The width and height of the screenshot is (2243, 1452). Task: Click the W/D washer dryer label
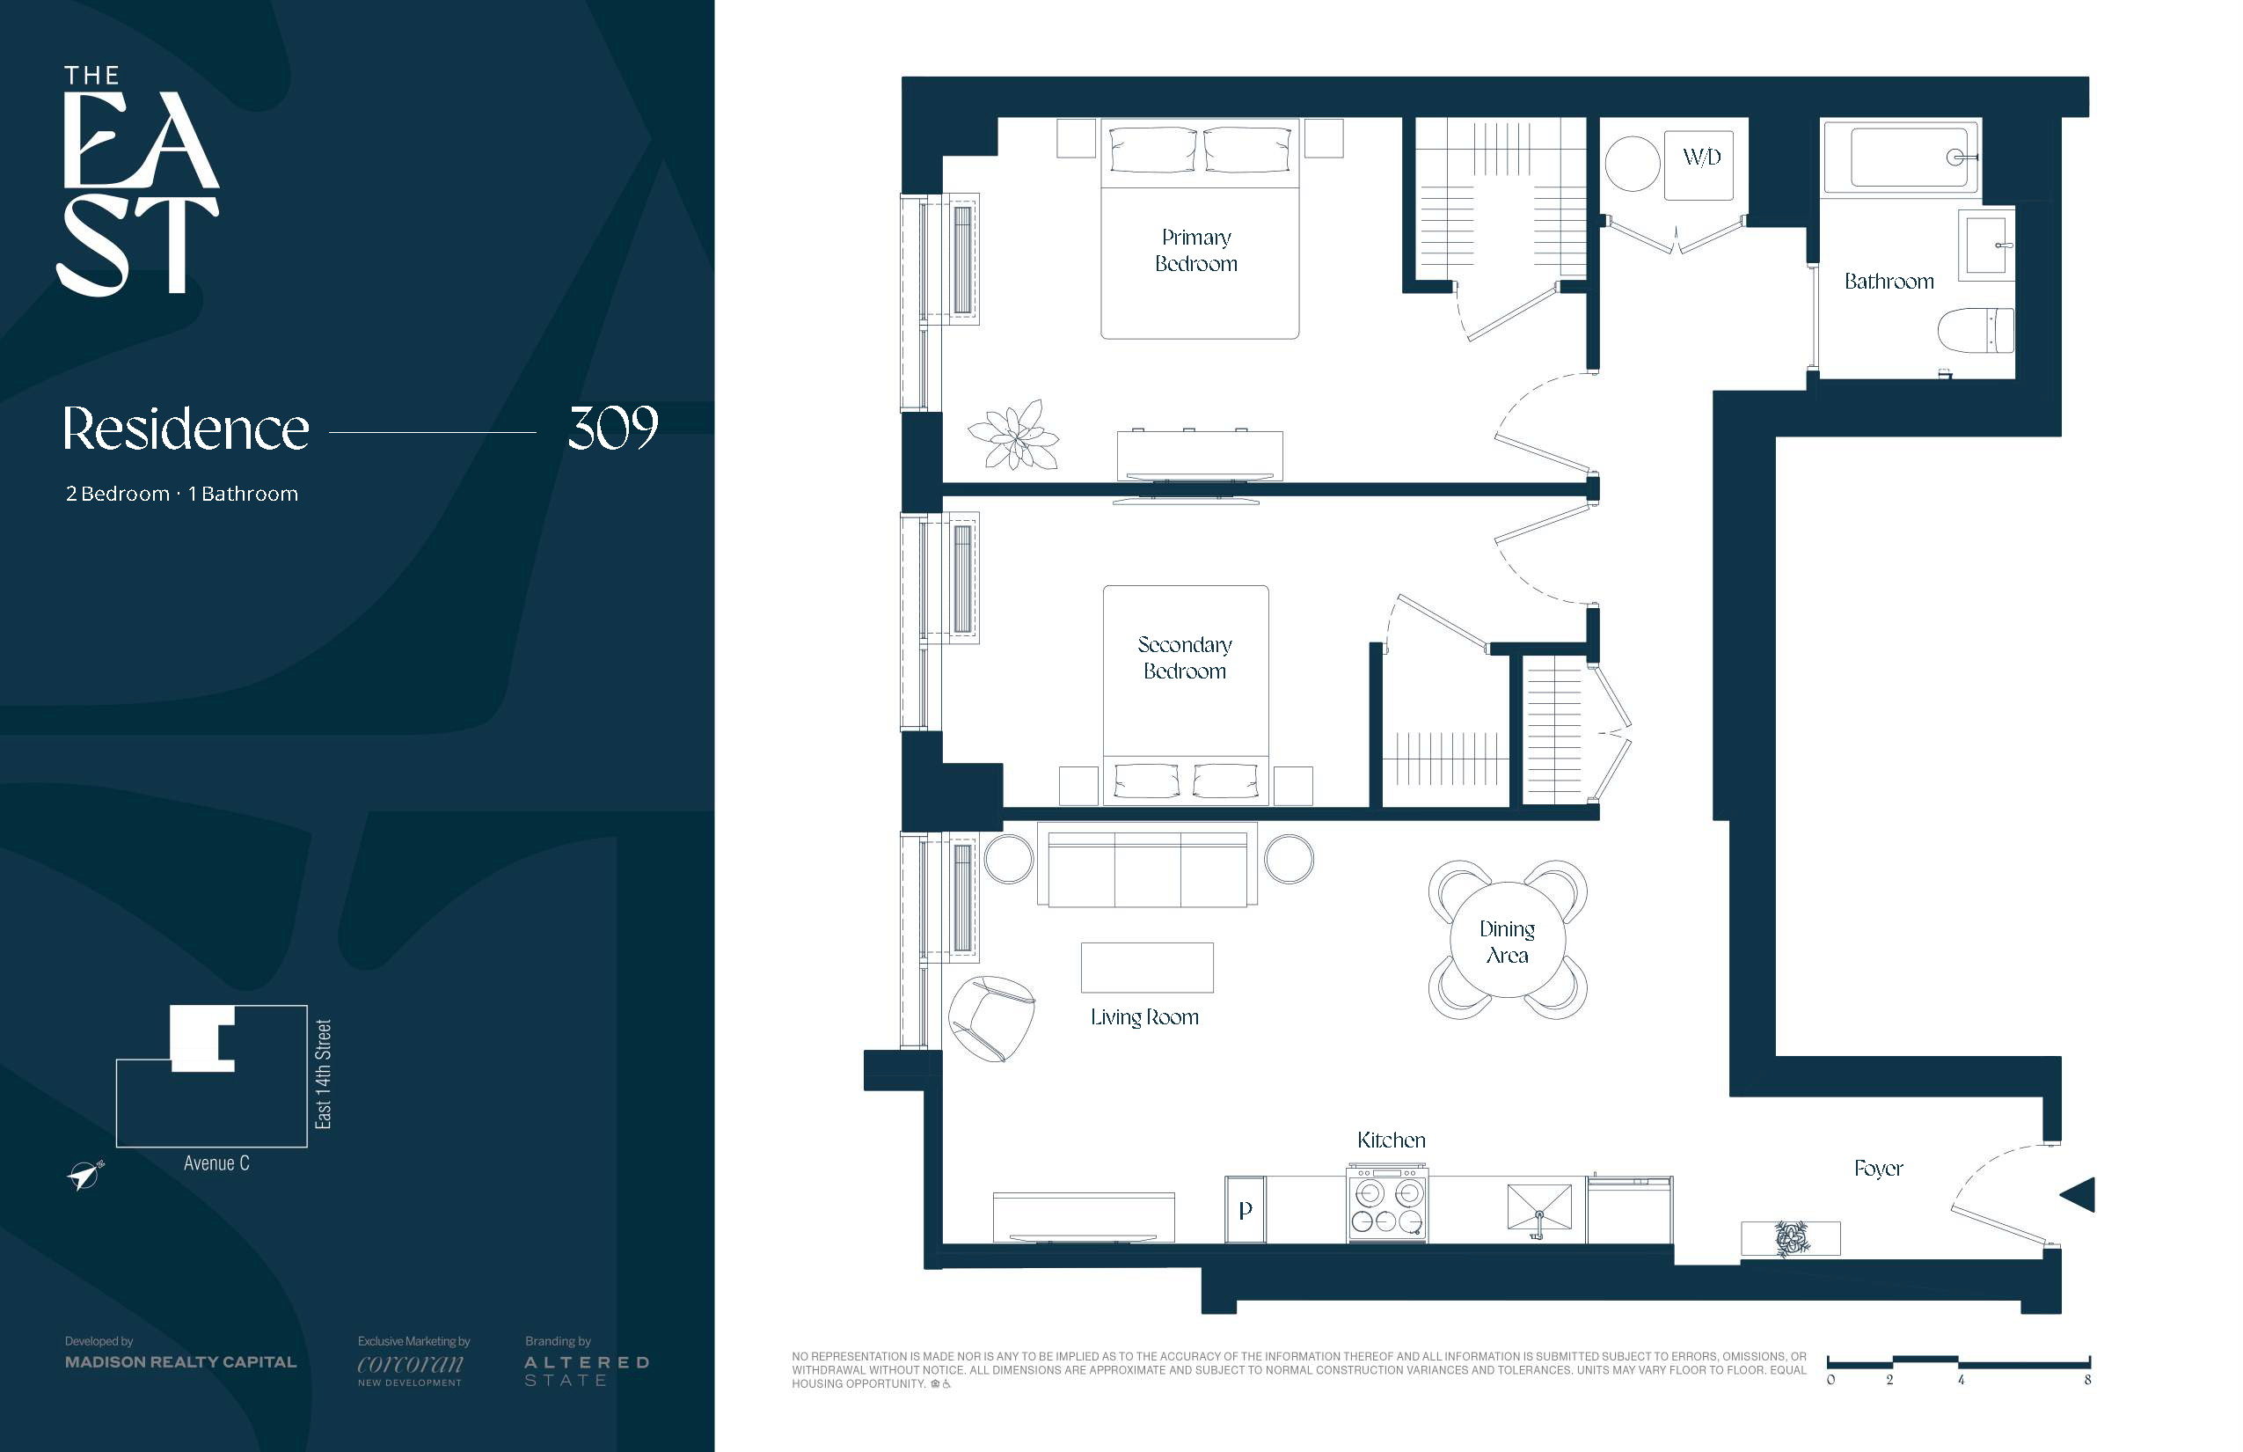(1701, 157)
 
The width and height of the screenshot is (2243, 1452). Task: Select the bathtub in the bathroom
(1901, 158)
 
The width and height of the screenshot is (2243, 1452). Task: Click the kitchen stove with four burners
(1387, 1206)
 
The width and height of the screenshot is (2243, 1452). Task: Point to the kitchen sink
(1539, 1207)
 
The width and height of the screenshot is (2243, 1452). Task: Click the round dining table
(1507, 939)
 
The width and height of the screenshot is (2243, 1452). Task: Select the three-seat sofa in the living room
(1147, 864)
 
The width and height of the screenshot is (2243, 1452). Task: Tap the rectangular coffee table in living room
(1147, 967)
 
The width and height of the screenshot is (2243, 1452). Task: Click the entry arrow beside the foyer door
(2077, 1195)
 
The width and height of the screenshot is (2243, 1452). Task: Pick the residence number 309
(612, 429)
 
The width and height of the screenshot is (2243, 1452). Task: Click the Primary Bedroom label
(1196, 250)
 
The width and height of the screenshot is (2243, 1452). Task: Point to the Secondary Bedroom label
(1185, 657)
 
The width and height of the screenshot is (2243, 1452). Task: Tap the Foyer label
(1878, 1170)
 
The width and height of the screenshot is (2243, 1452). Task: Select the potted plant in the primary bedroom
(1014, 435)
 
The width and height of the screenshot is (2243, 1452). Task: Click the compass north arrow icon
(84, 1175)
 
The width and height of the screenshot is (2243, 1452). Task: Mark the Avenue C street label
(216, 1163)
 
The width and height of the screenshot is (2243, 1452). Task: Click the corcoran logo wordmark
(410, 1364)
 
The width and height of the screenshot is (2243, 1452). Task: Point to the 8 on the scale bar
(2087, 1380)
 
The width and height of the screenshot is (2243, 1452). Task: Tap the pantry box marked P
(1245, 1210)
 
